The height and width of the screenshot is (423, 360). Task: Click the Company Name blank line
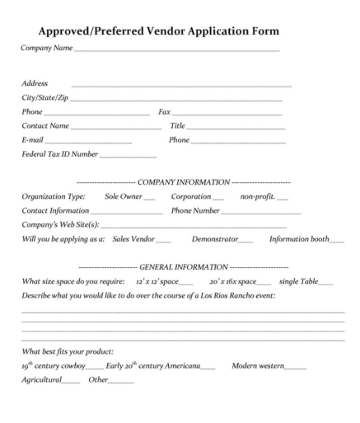(176, 51)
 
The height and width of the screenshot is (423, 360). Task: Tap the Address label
(34, 83)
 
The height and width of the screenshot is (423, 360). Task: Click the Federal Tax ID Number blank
(128, 155)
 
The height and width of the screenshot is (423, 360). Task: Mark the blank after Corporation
(217, 198)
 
